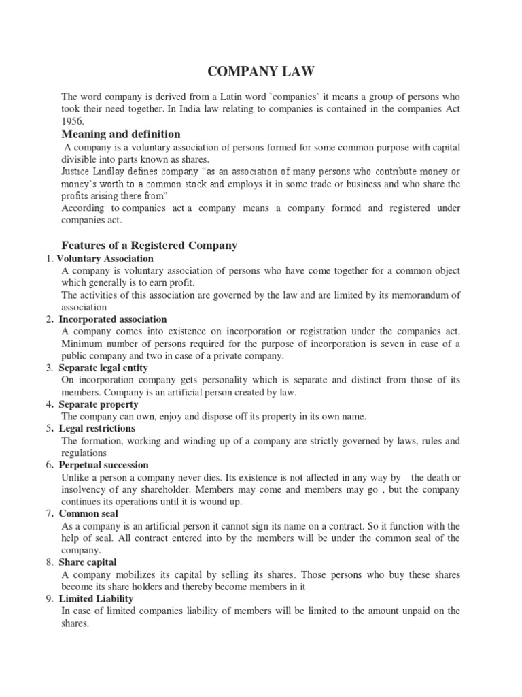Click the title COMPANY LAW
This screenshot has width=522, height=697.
click(260, 70)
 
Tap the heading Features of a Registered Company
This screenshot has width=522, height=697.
click(149, 245)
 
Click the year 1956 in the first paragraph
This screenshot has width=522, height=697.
click(73, 120)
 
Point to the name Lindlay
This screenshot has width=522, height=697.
click(114, 171)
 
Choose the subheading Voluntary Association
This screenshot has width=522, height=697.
click(105, 259)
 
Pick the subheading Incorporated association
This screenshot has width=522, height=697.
click(113, 319)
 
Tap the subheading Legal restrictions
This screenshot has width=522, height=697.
click(97, 428)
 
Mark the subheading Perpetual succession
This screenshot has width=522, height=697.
click(103, 465)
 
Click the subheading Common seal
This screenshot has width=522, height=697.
click(87, 513)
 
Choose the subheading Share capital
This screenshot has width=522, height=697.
click(88, 562)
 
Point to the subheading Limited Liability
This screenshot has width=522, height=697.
click(97, 598)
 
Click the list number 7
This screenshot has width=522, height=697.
click(50, 513)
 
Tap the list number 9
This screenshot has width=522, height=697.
click(50, 598)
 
